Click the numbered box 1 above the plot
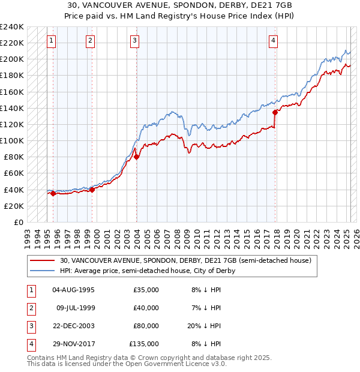52,41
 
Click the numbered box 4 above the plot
273,41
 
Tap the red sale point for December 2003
136,157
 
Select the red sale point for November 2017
275,112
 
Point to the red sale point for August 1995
53,193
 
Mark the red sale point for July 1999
92,190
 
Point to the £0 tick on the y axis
18,222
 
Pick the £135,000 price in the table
144,344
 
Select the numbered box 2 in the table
31,308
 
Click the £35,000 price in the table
146,290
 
